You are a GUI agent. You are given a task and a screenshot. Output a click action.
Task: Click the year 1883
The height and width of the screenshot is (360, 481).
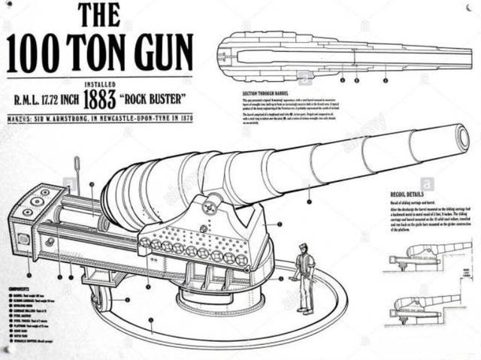[x=100, y=98]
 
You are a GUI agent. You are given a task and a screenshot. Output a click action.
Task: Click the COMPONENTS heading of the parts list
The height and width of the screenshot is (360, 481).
[x=20, y=287]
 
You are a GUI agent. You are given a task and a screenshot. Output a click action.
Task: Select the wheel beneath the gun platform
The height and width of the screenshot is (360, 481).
[x=101, y=298]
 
